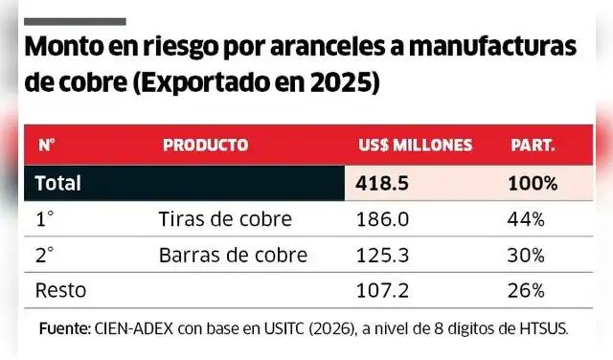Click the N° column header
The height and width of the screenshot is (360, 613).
(x=45, y=146)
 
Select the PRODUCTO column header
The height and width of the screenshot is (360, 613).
(x=205, y=146)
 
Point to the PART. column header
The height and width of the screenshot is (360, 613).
(x=532, y=146)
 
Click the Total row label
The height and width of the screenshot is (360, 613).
(x=58, y=182)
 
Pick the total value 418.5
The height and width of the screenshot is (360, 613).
(x=382, y=182)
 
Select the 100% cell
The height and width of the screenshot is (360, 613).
(x=533, y=182)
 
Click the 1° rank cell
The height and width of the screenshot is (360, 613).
(x=44, y=219)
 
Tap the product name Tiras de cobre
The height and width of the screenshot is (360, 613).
(x=224, y=219)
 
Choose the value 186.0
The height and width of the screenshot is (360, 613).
(x=381, y=219)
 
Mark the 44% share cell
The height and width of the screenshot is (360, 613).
(x=526, y=219)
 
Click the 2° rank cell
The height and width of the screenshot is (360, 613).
(x=44, y=255)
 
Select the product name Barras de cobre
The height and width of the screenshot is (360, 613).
(x=232, y=255)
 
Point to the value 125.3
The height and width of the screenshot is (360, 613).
(x=381, y=255)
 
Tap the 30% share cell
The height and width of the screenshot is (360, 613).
(x=526, y=255)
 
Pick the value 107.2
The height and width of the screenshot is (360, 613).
(x=381, y=290)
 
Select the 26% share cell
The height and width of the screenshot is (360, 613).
(x=526, y=290)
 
